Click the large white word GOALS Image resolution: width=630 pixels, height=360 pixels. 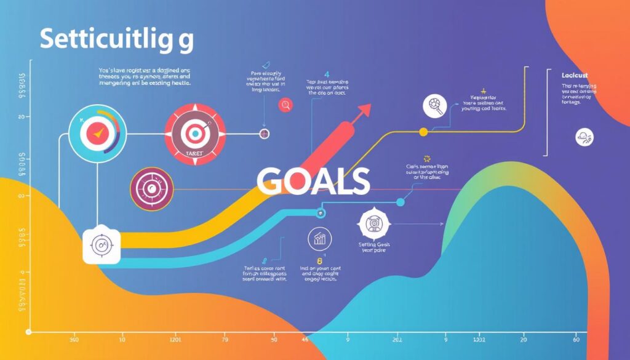[x=313, y=181]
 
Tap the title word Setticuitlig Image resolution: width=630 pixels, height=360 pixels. [x=116, y=39]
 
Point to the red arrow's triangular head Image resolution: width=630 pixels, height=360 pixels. [x=364, y=111]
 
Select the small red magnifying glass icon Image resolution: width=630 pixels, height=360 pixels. [x=285, y=105]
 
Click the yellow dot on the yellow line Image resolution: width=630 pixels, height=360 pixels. [x=423, y=132]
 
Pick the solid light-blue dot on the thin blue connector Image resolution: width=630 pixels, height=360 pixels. [x=401, y=202]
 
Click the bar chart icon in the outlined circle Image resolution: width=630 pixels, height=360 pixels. [x=319, y=239]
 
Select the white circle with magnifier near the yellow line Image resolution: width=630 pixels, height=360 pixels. [x=435, y=106]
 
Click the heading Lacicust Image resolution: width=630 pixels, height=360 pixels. [x=575, y=75]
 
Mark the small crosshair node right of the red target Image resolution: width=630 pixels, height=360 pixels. [x=265, y=133]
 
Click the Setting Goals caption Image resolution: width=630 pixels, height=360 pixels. [x=375, y=246]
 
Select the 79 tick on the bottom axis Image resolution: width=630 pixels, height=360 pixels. [x=225, y=339]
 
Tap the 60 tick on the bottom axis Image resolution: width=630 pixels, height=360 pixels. [x=576, y=339]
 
